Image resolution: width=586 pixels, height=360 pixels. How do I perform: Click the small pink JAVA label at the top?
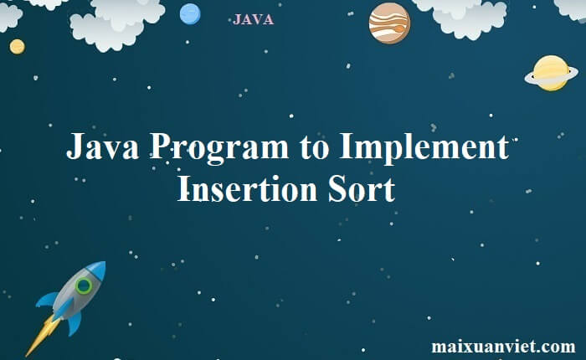(x=253, y=20)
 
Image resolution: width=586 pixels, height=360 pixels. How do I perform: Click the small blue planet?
(x=191, y=13)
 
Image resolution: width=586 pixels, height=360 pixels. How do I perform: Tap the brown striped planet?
(x=389, y=23)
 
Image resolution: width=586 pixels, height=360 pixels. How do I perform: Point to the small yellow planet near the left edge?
(x=17, y=46)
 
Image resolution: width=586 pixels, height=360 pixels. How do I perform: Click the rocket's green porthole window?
(x=84, y=285)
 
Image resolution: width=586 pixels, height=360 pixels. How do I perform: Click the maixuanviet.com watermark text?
(x=503, y=346)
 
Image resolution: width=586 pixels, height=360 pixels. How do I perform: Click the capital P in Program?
(x=162, y=149)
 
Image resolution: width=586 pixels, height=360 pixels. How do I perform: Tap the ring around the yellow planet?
(x=531, y=78)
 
